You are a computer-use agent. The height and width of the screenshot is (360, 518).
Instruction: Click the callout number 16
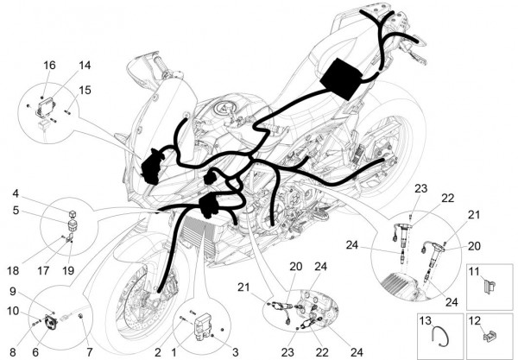pyautogui.click(x=49, y=66)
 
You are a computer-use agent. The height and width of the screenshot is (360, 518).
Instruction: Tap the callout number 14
pyautogui.click(x=85, y=66)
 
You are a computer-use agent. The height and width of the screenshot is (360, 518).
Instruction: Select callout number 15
pyautogui.click(x=85, y=89)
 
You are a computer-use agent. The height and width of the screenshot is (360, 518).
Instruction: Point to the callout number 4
pyautogui.click(x=16, y=193)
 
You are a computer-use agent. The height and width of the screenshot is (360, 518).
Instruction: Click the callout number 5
pyautogui.click(x=16, y=209)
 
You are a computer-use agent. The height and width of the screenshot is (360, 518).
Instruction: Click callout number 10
pyautogui.click(x=13, y=311)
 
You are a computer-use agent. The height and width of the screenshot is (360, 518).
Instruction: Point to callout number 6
pyautogui.click(x=35, y=351)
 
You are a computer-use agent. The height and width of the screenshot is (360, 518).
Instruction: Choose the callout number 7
pyautogui.click(x=90, y=351)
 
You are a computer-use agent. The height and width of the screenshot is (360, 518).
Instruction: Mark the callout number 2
pyautogui.click(x=158, y=351)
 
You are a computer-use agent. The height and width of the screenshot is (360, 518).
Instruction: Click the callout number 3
pyautogui.click(x=234, y=351)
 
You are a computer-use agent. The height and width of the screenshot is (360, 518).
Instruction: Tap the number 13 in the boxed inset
pyautogui.click(x=425, y=320)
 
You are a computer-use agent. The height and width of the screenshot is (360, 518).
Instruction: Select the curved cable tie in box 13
pyautogui.click(x=441, y=334)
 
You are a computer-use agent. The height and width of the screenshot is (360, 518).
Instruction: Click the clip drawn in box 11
pyautogui.click(x=488, y=281)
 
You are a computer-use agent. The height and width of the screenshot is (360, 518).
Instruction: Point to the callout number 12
pyautogui.click(x=473, y=320)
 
